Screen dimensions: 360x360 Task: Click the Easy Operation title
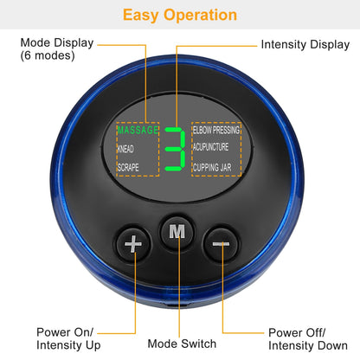[179, 15]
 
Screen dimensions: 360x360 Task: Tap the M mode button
[177, 232]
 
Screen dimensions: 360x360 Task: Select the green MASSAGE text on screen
[138, 131]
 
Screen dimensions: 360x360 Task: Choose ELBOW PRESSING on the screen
[216, 131]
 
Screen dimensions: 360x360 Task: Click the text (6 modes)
[47, 56]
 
